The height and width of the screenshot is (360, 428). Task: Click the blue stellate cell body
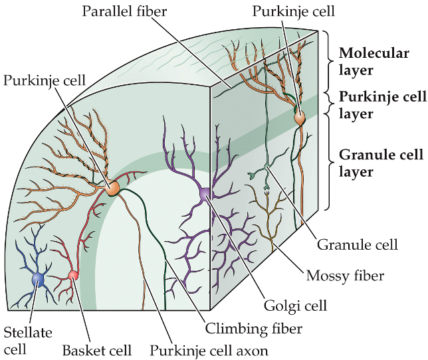tap(39, 280)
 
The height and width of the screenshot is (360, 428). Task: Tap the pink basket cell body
tap(73, 275)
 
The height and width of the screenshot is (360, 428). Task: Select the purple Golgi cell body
tap(204, 193)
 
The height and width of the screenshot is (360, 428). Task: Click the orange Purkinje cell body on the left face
tap(113, 189)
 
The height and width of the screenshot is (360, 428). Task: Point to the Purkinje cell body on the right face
tap(300, 118)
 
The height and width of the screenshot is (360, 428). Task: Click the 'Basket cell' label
tap(96, 349)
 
